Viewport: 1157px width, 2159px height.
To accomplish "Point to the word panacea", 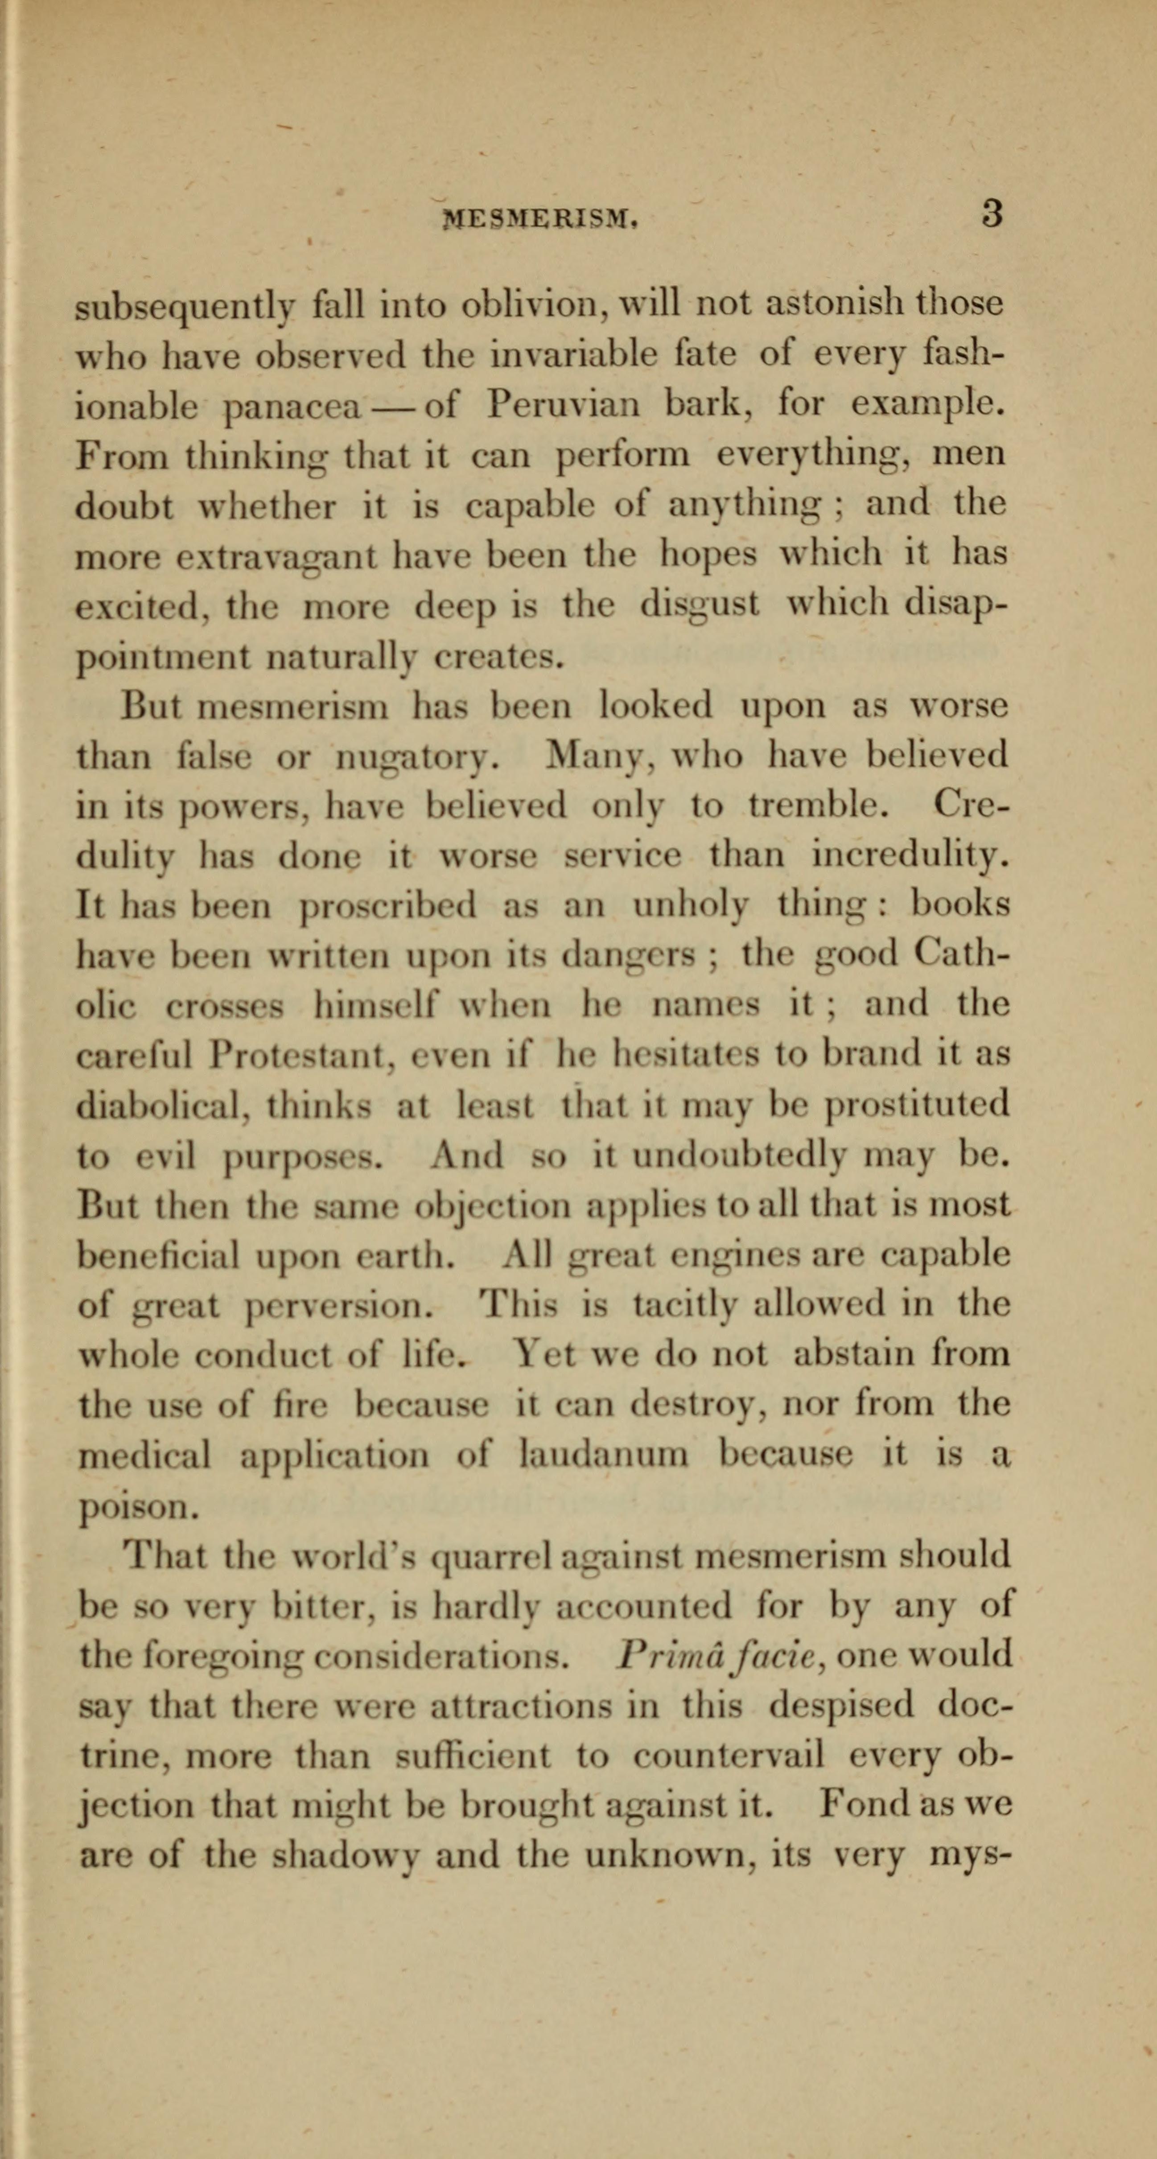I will (293, 407).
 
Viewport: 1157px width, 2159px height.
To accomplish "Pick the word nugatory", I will (417, 758).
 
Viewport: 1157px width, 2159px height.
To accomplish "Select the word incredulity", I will (910, 856).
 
